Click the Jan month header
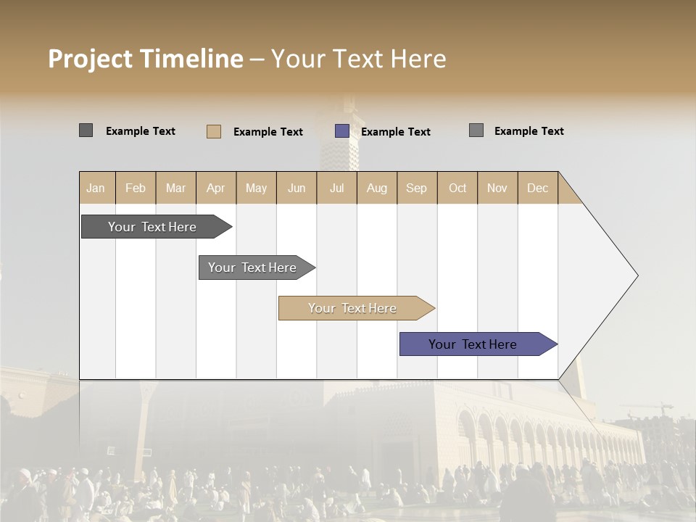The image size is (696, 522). (x=96, y=188)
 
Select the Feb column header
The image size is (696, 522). (x=136, y=188)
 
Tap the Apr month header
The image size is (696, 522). (x=215, y=188)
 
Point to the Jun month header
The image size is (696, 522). (x=297, y=188)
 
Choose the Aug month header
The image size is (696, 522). (x=376, y=188)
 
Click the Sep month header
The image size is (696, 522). (x=416, y=188)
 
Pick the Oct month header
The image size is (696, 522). (x=457, y=188)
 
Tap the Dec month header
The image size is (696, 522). (x=537, y=188)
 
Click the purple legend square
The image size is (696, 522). (x=342, y=131)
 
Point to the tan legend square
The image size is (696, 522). (x=214, y=131)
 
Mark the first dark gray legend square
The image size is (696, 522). (x=86, y=130)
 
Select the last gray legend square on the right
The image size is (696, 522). (x=476, y=130)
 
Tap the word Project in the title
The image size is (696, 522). (x=90, y=59)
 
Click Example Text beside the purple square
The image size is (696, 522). (x=395, y=132)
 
